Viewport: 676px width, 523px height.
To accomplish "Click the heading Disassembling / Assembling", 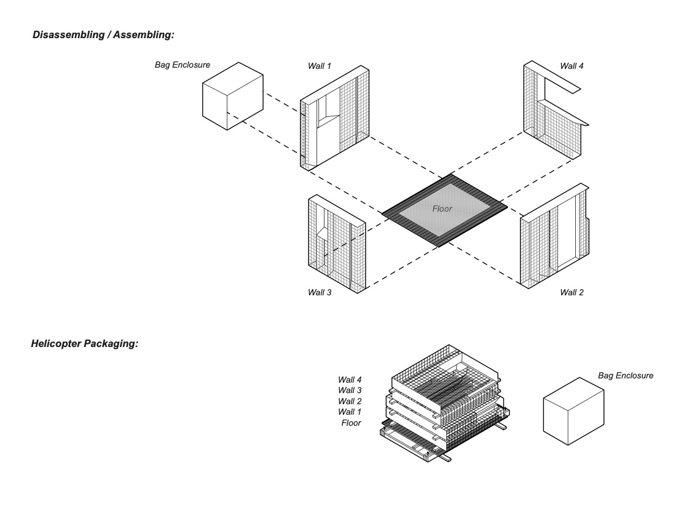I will [103, 36].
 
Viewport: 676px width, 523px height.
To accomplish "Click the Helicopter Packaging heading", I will [84, 343].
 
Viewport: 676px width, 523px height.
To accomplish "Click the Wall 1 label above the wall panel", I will [320, 65].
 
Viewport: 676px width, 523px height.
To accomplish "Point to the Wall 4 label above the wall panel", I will [572, 65].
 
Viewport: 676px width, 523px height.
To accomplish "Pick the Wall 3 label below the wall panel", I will [320, 292].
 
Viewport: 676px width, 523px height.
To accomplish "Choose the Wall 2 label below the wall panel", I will [572, 292].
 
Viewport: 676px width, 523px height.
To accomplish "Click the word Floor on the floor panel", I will [442, 209].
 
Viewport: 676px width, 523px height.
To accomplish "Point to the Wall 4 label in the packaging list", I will [350, 379].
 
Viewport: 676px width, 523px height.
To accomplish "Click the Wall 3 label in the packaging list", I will [350, 390].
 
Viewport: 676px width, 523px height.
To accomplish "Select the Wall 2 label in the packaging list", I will [350, 401].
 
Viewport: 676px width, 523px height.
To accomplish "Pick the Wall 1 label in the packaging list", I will [350, 412].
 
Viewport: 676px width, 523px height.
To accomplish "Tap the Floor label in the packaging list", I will [352, 423].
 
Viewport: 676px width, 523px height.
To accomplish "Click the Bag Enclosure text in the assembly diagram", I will [183, 64].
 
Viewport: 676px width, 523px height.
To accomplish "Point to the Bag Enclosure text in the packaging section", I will [626, 375].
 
